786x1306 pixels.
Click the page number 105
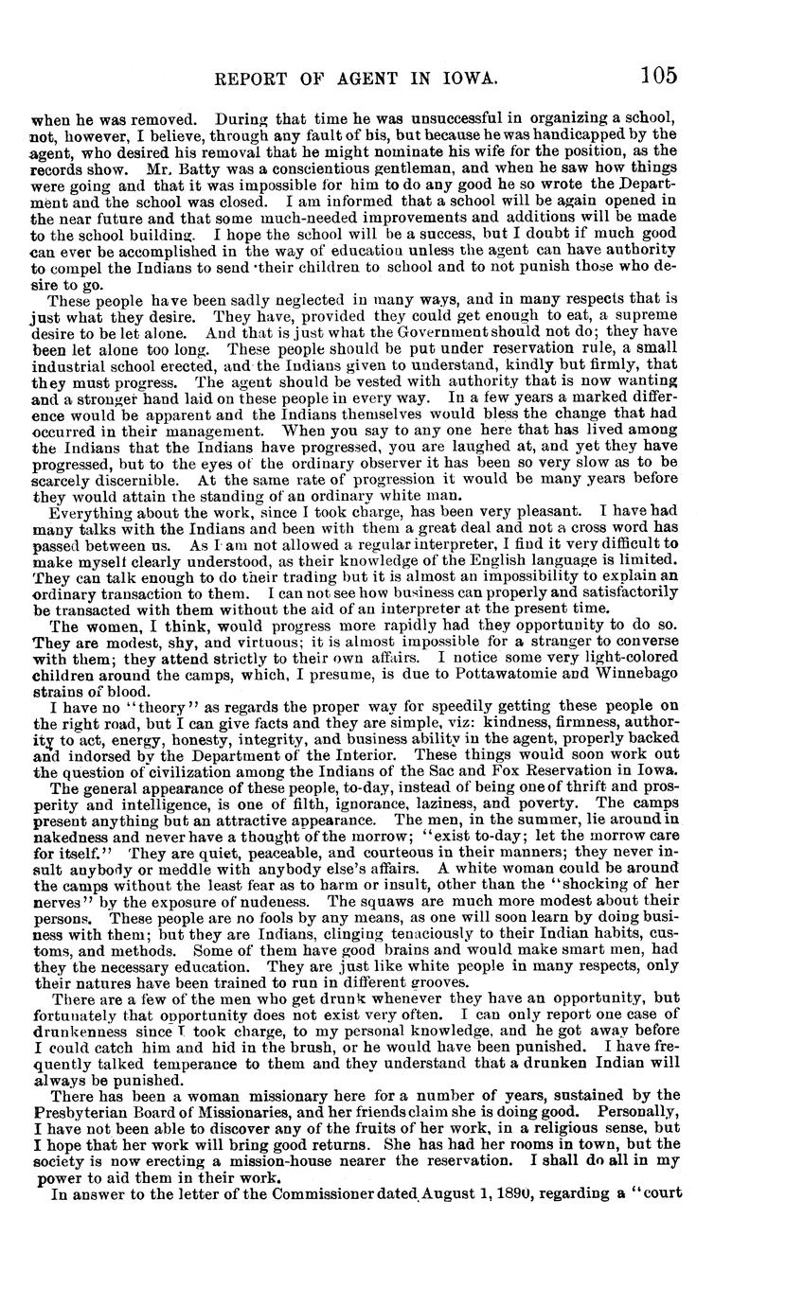point(658,75)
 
